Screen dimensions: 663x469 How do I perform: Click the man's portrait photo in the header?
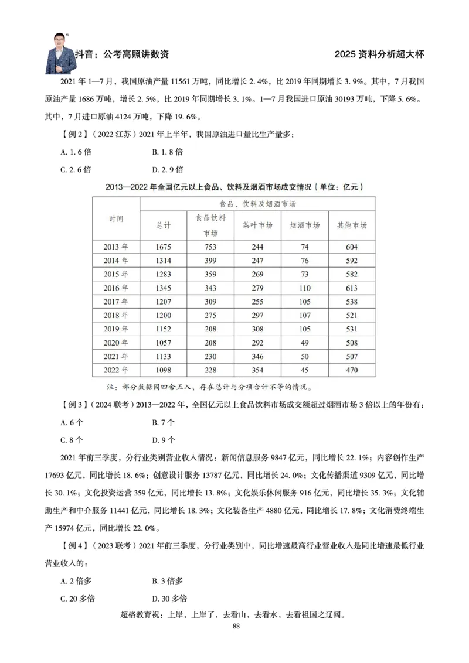click(62, 52)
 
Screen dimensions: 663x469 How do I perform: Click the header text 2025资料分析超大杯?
click(379, 54)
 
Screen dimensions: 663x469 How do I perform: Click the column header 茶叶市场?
click(257, 225)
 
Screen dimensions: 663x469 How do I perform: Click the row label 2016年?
click(116, 288)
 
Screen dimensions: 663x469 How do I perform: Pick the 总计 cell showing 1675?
click(164, 247)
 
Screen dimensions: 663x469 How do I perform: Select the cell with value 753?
click(210, 247)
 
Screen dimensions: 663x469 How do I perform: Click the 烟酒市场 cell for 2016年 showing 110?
click(304, 288)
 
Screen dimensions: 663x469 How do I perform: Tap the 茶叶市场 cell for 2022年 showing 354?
click(257, 370)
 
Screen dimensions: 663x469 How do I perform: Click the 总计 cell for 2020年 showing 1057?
click(164, 343)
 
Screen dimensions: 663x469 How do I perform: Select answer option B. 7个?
click(164, 422)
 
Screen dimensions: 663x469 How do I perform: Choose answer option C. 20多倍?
click(78, 599)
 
